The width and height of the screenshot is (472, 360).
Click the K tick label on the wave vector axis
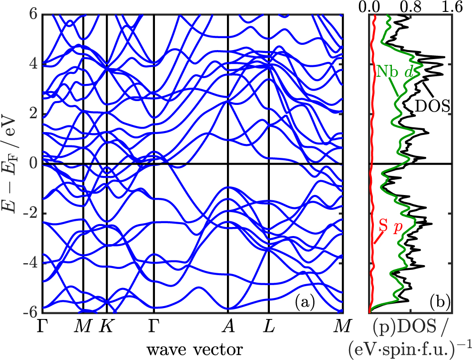(x=106, y=326)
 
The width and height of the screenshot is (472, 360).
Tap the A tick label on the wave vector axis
(x=228, y=326)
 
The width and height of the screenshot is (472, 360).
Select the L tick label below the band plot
(x=269, y=326)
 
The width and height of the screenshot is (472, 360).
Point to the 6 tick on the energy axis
(x=33, y=14)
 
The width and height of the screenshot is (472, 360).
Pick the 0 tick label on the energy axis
(x=33, y=164)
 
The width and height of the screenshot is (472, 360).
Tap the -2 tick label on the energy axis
(x=30, y=214)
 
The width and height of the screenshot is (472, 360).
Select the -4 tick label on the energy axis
(x=30, y=263)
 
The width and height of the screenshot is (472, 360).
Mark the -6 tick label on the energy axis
(x=30, y=313)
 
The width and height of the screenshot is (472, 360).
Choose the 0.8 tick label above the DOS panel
(x=411, y=7)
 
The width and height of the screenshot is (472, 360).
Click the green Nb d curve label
(x=395, y=72)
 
